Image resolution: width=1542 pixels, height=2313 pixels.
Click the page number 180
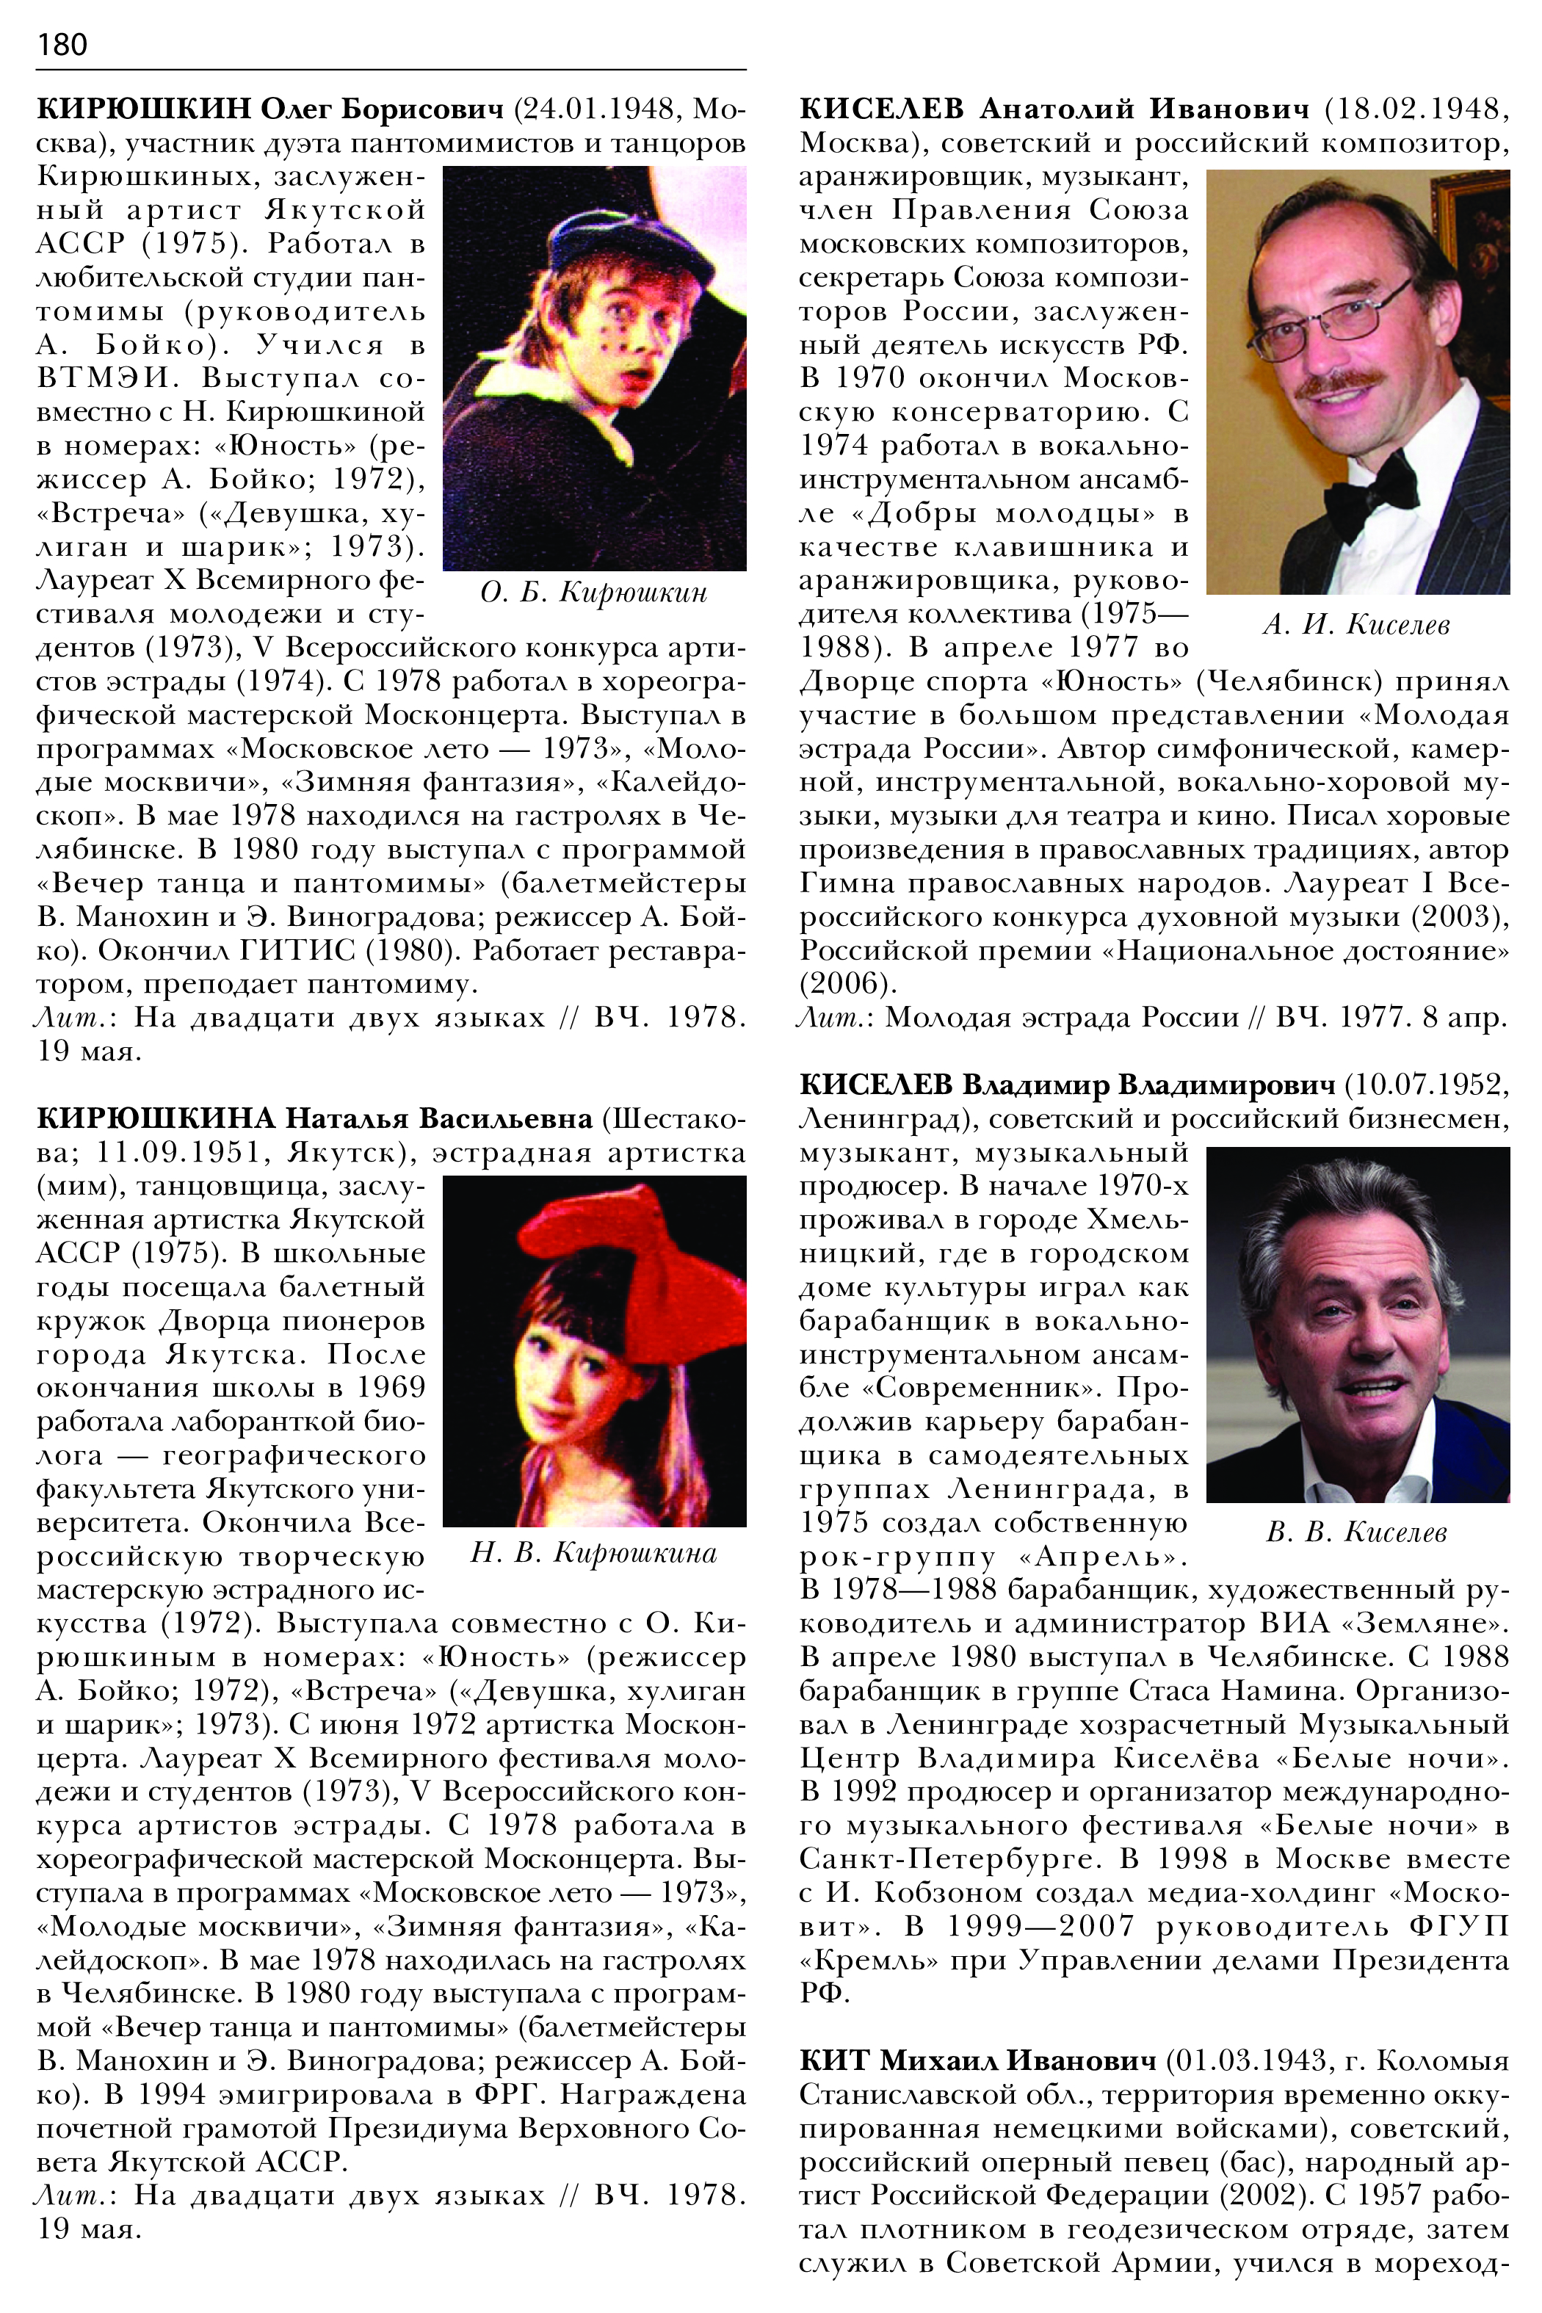(x=62, y=44)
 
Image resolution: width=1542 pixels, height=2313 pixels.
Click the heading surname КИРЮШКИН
(x=145, y=109)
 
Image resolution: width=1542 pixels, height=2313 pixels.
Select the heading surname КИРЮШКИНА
(x=156, y=1119)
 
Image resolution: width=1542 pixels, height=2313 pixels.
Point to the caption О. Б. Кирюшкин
(x=593, y=593)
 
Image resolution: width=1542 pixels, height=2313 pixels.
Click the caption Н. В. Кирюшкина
(x=593, y=1553)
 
